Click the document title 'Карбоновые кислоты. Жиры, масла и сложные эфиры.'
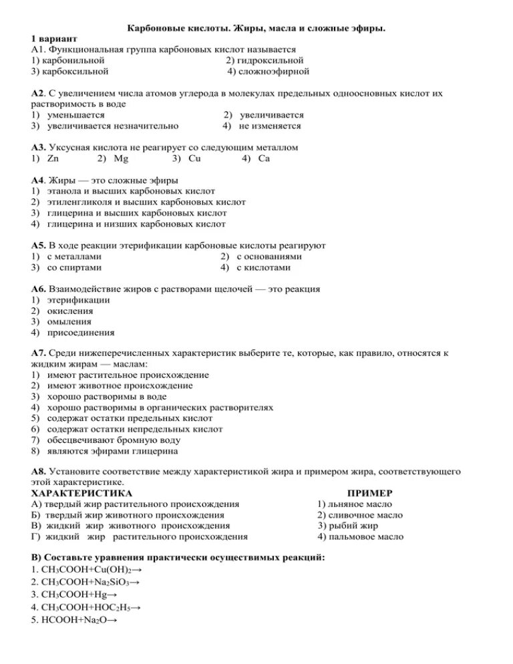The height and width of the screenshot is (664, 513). point(256,28)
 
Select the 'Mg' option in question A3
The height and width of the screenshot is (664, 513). point(121,158)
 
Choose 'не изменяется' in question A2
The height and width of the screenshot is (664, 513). point(270,126)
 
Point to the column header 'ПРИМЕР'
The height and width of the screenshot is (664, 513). point(360,494)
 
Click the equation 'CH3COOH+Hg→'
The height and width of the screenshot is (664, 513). point(73,594)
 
